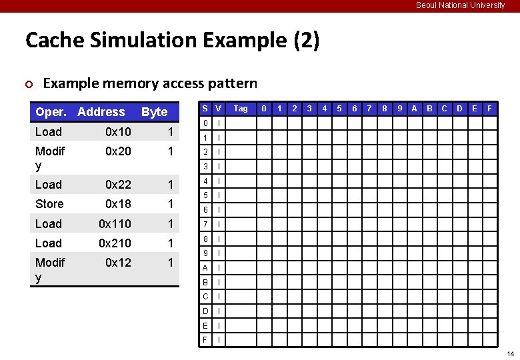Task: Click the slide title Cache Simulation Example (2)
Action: (x=172, y=41)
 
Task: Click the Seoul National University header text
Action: (x=460, y=5)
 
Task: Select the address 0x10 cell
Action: (x=118, y=132)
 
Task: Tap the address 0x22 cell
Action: (x=118, y=185)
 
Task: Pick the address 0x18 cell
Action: (x=118, y=204)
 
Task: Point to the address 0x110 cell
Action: (x=115, y=223)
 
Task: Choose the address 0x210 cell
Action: (x=115, y=243)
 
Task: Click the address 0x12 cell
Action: (x=118, y=263)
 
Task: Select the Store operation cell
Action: (x=49, y=204)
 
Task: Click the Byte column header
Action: (x=155, y=112)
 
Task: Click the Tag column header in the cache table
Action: (x=241, y=109)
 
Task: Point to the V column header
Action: (x=219, y=109)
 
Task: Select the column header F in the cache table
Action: (x=490, y=109)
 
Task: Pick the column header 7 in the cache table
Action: (x=369, y=109)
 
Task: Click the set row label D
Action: (x=205, y=311)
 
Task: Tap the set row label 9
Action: (x=205, y=253)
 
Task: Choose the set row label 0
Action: (x=205, y=123)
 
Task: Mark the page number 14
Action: (x=510, y=353)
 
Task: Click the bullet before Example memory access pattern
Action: (x=29, y=84)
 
